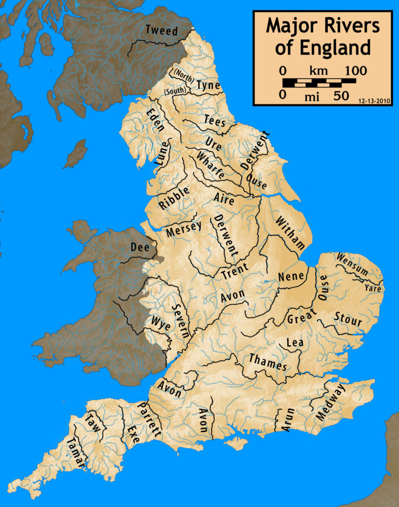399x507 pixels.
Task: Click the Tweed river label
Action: [x=162, y=30]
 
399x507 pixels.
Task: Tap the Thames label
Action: [x=268, y=362]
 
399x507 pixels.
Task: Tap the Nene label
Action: [x=291, y=276]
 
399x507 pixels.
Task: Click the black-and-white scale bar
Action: [x=319, y=82]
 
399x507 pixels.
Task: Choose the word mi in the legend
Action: [x=311, y=96]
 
